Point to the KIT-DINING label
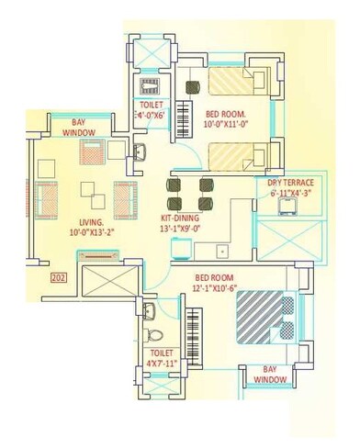[167, 218]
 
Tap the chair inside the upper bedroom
[193, 87]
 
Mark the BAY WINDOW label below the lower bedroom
[271, 374]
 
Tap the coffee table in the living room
[90, 193]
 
